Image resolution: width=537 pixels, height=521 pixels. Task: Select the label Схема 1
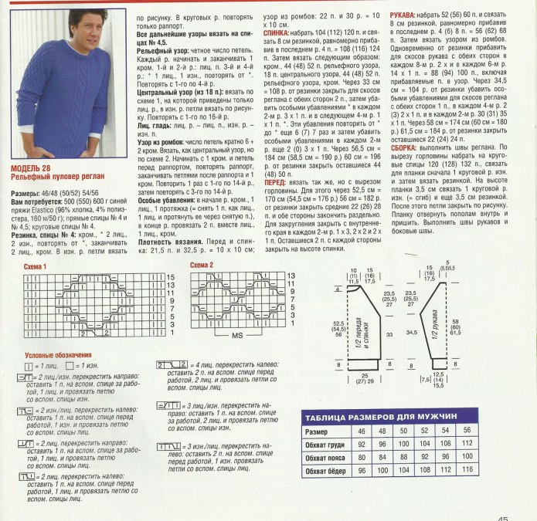35,266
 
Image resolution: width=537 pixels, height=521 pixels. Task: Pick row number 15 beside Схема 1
171,276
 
